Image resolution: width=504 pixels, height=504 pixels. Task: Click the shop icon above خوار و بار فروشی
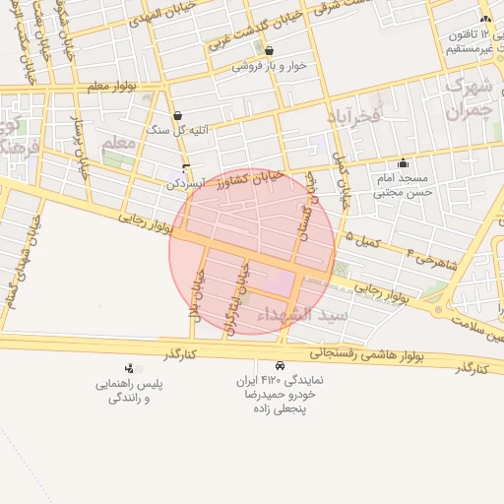pyautogui.click(x=269, y=51)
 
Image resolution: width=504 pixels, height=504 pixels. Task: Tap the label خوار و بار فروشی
pyautogui.click(x=268, y=67)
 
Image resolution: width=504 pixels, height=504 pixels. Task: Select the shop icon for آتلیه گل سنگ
pyautogui.click(x=177, y=115)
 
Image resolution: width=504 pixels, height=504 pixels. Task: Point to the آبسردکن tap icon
pyautogui.click(x=186, y=167)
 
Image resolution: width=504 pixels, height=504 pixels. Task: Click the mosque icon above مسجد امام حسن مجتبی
pyautogui.click(x=402, y=163)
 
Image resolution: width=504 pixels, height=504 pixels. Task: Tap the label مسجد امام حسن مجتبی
pyautogui.click(x=402, y=186)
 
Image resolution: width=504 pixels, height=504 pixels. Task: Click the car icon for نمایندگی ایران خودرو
pyautogui.click(x=282, y=364)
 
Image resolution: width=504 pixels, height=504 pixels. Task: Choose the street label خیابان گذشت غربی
pyautogui.click(x=258, y=28)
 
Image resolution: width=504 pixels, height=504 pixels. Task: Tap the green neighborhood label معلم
pyautogui.click(x=117, y=143)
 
